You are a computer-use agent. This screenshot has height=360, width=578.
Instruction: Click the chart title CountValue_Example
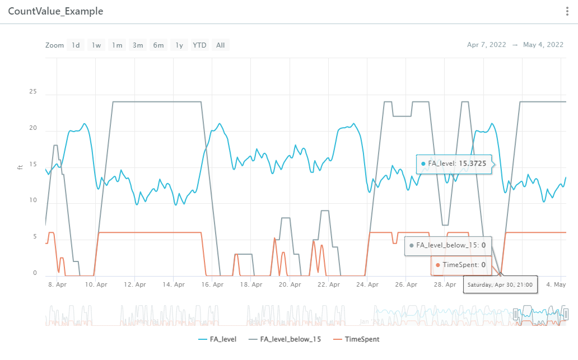55,12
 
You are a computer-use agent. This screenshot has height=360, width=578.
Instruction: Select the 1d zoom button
75,45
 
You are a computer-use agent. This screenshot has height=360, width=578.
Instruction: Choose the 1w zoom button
96,45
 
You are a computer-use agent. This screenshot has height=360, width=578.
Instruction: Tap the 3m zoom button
138,45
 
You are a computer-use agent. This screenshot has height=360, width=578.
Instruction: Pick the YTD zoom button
199,45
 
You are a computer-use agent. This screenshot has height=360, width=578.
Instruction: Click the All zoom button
221,45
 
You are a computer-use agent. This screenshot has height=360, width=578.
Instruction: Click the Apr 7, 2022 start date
486,45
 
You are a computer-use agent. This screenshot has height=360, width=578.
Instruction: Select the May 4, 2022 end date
543,45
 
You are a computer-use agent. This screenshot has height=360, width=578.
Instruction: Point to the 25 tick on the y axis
34,91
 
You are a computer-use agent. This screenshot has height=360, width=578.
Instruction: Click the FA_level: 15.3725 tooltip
454,163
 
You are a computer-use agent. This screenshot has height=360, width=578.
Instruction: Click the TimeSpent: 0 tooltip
460,265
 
